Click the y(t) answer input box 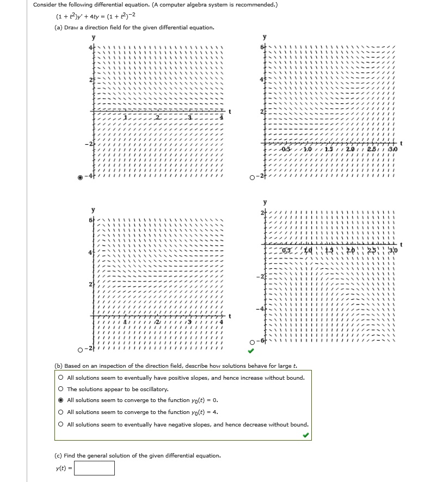94,468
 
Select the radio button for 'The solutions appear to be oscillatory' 61,389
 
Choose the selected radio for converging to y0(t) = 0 61,400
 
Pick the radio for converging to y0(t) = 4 61,412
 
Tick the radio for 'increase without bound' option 61,378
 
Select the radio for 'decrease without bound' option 61,424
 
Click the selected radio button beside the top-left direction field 81,177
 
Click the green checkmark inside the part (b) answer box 306,435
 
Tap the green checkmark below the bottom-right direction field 251,351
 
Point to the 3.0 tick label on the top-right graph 393,149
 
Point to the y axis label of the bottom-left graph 93,210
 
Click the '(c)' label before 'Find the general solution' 58,455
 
